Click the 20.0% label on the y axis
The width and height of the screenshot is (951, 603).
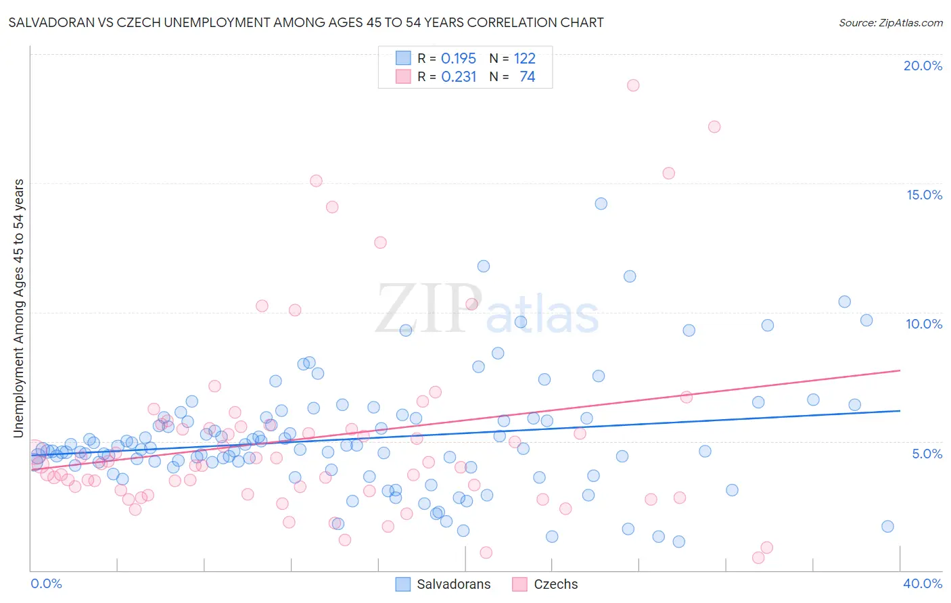923,66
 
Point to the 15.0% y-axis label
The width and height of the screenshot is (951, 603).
924,195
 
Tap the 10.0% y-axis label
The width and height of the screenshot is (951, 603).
924,324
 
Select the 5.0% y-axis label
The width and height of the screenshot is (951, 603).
927,454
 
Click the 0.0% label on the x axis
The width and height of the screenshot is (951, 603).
46,583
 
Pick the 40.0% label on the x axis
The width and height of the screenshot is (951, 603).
923,583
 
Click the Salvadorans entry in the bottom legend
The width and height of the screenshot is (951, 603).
453,584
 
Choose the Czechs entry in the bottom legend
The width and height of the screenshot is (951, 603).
555,584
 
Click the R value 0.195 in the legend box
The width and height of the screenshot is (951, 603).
459,59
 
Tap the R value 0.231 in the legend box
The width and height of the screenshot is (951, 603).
459,77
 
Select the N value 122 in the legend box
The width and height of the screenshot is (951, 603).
524,59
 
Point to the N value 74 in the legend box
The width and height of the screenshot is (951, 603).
527,77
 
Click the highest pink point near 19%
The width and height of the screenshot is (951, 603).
633,85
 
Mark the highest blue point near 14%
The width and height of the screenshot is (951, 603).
601,203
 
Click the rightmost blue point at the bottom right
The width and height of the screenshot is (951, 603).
887,527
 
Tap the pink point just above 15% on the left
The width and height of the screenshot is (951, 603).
316,180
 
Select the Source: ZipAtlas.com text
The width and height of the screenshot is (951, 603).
890,22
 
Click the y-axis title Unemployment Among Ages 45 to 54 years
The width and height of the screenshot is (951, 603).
19,308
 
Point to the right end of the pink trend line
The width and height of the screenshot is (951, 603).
900,370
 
